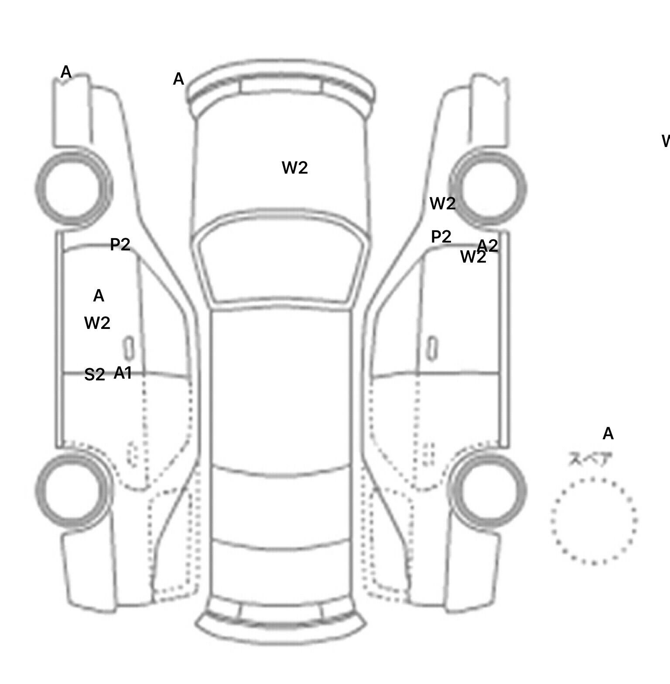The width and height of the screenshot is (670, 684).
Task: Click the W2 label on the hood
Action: [295, 168]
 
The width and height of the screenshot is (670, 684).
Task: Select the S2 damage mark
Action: [95, 375]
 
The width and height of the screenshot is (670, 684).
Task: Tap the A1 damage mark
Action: [123, 373]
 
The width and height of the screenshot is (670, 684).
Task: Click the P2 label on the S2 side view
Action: [120, 244]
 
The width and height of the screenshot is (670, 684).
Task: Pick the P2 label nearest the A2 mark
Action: [441, 237]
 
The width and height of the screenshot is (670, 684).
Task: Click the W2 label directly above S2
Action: [97, 323]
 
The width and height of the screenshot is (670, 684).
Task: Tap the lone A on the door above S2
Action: [99, 296]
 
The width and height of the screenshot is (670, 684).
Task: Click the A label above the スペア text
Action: [608, 434]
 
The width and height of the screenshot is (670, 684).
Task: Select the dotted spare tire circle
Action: [594, 521]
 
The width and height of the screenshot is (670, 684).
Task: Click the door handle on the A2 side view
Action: [432, 349]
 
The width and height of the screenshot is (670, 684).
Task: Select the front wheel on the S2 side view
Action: [73, 188]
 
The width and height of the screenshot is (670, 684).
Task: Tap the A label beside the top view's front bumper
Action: [178, 79]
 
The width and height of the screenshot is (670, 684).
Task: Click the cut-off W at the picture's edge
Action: [666, 141]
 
